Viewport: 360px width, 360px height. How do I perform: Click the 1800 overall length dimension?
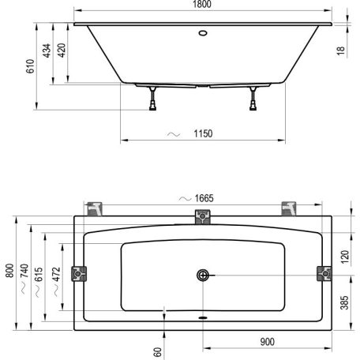pyautogui.click(x=202, y=4)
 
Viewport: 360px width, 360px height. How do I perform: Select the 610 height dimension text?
pyautogui.click(x=30, y=66)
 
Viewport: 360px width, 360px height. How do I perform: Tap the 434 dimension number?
pyautogui.click(x=47, y=51)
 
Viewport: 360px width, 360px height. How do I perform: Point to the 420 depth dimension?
pyautogui.click(x=62, y=50)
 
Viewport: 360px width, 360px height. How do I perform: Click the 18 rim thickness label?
pyautogui.click(x=340, y=51)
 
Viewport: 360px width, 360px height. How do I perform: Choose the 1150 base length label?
pyautogui.click(x=203, y=133)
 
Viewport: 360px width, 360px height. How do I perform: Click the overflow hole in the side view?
pyautogui.click(x=203, y=33)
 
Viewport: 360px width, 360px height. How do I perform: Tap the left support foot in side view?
pyautogui.click(x=152, y=99)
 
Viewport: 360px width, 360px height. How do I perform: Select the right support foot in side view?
pyautogui.click(x=253, y=99)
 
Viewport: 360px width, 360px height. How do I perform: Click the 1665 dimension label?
pyautogui.click(x=204, y=198)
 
